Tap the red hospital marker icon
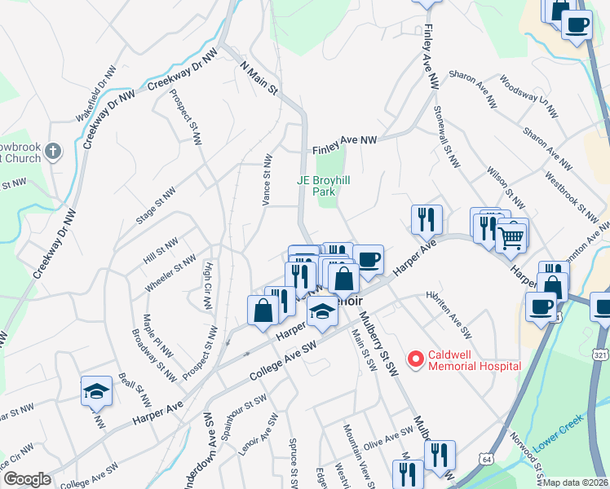(x=415, y=358)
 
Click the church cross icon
(x=53, y=151)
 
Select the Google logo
(x=27, y=479)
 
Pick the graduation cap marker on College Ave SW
(x=322, y=311)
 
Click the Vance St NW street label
(x=266, y=179)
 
